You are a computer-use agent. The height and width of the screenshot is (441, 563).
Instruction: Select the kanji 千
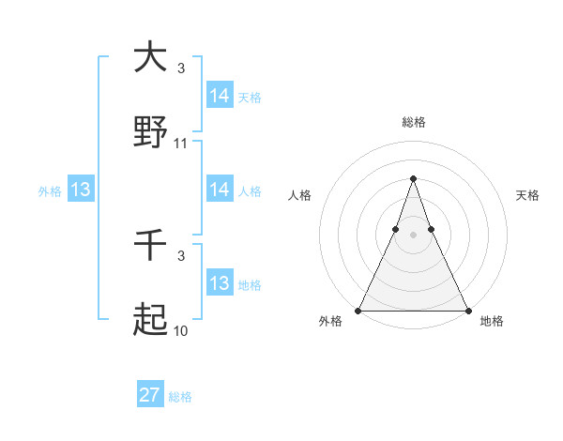150,247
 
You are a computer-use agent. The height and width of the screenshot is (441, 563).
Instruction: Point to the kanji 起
150,322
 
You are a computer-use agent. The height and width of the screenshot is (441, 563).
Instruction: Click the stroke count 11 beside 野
181,144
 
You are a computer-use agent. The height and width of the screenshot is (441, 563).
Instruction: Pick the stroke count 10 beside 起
181,330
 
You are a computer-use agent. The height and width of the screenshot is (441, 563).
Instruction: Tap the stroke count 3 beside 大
181,68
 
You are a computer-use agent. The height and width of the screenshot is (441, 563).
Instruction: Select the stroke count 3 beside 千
181,255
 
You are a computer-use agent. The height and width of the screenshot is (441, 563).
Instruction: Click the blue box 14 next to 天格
220,96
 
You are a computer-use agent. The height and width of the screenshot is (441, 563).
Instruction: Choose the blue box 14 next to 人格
220,190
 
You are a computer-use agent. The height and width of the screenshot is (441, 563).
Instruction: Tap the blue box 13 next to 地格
220,283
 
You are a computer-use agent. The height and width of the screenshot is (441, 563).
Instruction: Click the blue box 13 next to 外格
80,190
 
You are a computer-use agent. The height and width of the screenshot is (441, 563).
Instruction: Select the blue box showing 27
150,395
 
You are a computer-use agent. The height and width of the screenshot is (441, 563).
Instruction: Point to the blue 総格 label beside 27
180,397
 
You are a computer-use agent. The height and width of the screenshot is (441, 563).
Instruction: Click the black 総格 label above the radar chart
414,122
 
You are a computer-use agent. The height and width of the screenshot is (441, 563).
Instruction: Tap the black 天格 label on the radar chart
528,195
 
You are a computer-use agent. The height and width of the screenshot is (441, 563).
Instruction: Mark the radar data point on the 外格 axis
358,311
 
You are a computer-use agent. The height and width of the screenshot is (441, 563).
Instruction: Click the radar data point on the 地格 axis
468,311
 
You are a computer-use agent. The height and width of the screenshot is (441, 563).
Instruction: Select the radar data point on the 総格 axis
413,178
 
